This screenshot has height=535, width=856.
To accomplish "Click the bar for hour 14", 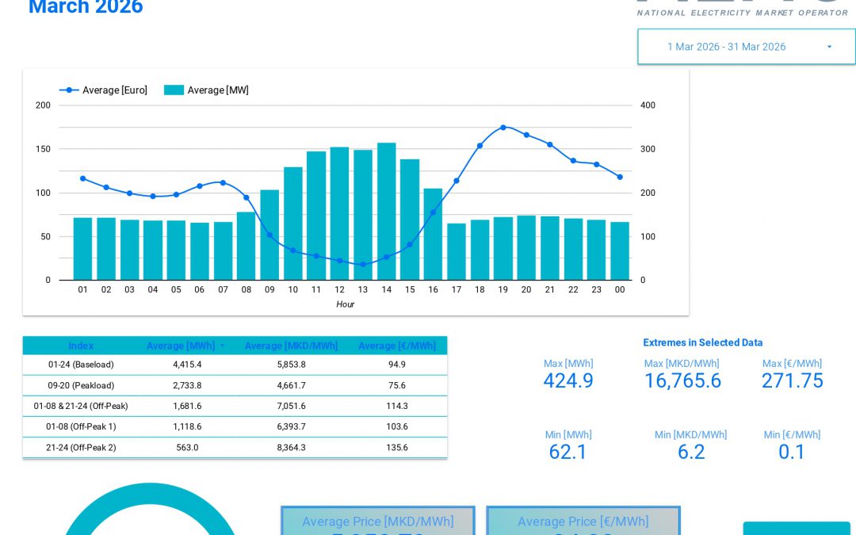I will tap(386, 211).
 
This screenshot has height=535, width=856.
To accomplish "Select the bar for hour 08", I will tap(246, 246).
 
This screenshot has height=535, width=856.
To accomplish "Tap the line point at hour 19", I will tap(503, 127).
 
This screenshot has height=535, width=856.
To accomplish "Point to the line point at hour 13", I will tap(363, 265).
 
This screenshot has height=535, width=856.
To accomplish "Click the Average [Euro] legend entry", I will tap(104, 90).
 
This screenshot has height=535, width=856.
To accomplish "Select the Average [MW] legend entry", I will tap(207, 90).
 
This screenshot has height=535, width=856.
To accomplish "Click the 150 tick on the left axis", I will tap(43, 149).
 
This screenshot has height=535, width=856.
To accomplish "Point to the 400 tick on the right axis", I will tap(648, 105).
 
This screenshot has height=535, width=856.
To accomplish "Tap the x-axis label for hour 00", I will tap(620, 290).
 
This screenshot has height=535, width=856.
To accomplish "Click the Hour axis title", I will tap(345, 304).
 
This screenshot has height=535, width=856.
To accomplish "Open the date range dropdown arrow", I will tap(829, 47).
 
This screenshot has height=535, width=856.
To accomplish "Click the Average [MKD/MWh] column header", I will tap(291, 346).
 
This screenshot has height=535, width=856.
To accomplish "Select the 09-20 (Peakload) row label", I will tap(81, 385).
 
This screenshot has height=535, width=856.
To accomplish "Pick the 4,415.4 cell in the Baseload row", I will tap(187, 365).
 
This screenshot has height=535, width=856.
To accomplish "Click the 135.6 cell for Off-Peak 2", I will tap(396, 447).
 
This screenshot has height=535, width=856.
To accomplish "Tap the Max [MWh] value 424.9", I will tap(568, 381).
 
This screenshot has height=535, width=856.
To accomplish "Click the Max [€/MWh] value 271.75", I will tap(792, 381).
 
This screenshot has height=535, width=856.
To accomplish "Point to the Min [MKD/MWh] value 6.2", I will tap(691, 452).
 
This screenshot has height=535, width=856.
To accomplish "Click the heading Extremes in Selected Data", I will tap(702, 342).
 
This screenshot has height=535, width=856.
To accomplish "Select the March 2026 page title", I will tap(86, 8).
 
